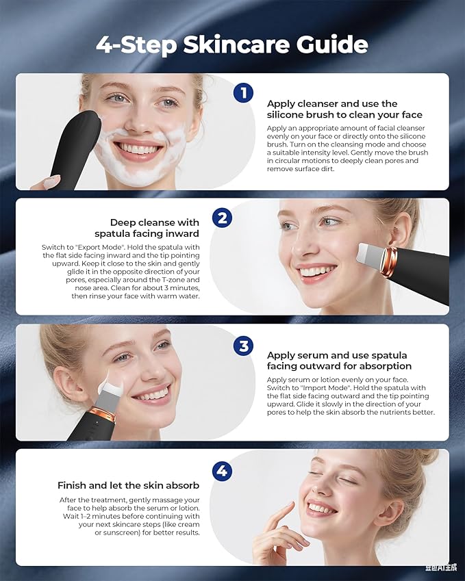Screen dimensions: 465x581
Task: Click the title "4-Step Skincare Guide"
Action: click(x=232, y=44)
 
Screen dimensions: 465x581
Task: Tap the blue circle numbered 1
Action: click(x=243, y=92)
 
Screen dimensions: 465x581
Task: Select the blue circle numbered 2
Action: click(x=222, y=218)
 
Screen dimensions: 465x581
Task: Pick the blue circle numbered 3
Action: click(x=243, y=346)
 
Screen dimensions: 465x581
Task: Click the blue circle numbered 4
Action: click(x=222, y=471)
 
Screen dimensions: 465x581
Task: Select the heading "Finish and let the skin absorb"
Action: click(x=128, y=485)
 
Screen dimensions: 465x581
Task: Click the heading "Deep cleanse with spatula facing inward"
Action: click(x=147, y=228)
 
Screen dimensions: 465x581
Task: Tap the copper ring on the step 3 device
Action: click(x=103, y=414)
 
